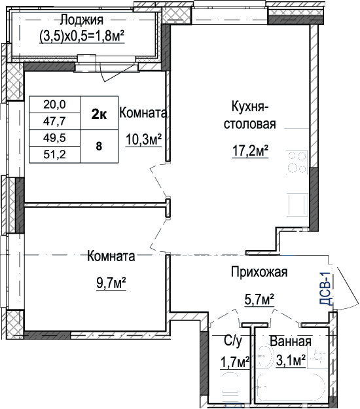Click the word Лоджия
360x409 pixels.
pyautogui.click(x=82, y=20)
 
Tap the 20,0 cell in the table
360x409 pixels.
pyautogui.click(x=54, y=104)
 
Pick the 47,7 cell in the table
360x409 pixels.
pyautogui.click(x=54, y=121)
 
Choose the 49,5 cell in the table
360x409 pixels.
pyautogui.click(x=54, y=137)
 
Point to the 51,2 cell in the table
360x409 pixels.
pyautogui.click(x=54, y=154)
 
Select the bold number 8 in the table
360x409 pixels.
pyautogui.click(x=99, y=147)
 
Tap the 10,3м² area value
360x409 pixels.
pyautogui.click(x=144, y=139)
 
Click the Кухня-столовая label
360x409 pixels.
pyautogui.click(x=249, y=115)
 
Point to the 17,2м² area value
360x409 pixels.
pyautogui.click(x=250, y=151)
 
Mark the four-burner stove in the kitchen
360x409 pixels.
pyautogui.click(x=297, y=162)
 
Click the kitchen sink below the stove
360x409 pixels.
pyautogui.click(x=298, y=205)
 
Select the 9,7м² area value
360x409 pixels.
pyautogui.click(x=111, y=283)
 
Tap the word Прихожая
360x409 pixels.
pyautogui.click(x=259, y=272)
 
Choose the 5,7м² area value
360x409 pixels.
pyautogui.click(x=259, y=299)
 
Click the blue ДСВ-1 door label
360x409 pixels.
pyautogui.click(x=325, y=289)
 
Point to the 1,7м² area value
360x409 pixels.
pyautogui.click(x=235, y=362)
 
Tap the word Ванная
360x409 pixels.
pyautogui.click(x=291, y=341)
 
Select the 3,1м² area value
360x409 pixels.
pyautogui.click(x=291, y=361)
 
